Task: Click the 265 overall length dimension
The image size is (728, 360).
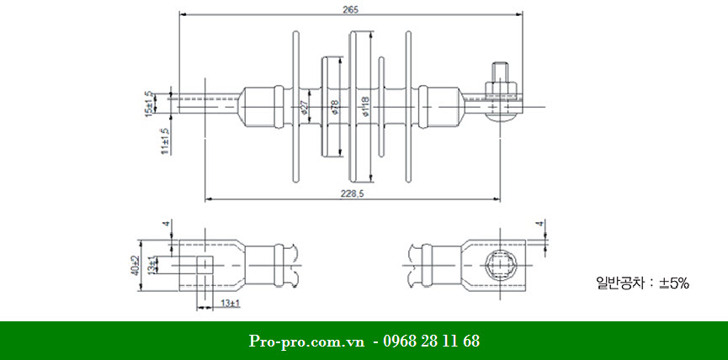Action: (x=351, y=9)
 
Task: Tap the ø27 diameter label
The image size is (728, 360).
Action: (x=303, y=106)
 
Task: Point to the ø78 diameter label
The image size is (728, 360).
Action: (x=334, y=106)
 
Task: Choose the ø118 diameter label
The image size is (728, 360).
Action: (x=364, y=106)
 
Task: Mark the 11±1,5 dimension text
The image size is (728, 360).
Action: (x=165, y=137)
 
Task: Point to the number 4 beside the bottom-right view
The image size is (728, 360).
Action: (x=541, y=225)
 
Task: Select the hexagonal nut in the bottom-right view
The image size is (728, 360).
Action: (x=502, y=264)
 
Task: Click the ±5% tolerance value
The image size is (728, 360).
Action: (x=674, y=284)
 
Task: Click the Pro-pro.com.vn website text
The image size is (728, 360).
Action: (x=306, y=341)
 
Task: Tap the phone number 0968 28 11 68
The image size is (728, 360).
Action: (x=431, y=341)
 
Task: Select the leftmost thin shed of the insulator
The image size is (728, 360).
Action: (x=295, y=106)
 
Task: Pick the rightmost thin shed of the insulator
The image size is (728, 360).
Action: (x=408, y=106)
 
